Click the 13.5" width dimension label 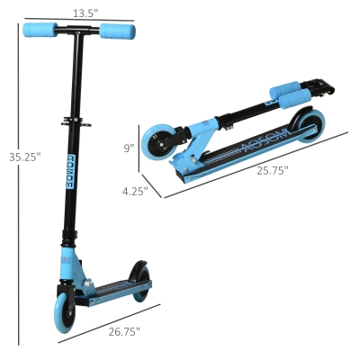85,13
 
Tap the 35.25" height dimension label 24,157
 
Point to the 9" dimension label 130,148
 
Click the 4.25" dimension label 135,191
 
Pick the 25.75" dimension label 273,171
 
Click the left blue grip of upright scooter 40,30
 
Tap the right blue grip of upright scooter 117,31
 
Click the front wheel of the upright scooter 64,312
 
